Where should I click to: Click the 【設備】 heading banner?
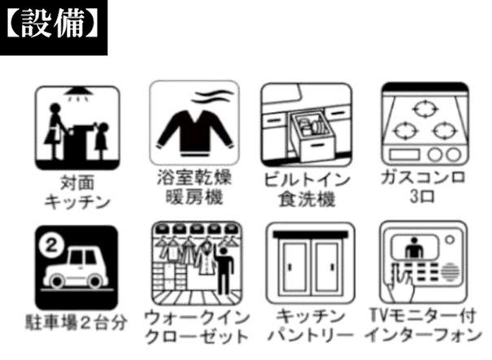(x=54, y=28)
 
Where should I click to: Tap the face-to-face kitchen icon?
(x=77, y=128)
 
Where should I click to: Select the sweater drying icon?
(x=194, y=124)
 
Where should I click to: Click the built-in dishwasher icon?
(x=307, y=125)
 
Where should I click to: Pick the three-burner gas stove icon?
(x=425, y=124)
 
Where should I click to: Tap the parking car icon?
(x=77, y=267)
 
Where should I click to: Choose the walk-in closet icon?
(x=197, y=264)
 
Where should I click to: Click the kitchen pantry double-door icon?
(x=311, y=263)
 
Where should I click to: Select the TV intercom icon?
(x=424, y=262)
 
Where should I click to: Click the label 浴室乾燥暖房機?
(x=194, y=188)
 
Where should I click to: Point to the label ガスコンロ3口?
(x=423, y=188)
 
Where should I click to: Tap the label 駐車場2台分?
(x=76, y=323)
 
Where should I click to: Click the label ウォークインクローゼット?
(x=197, y=327)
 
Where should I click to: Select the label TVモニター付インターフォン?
(x=424, y=326)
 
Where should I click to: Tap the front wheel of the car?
(x=58, y=281)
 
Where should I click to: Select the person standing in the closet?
(x=224, y=271)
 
